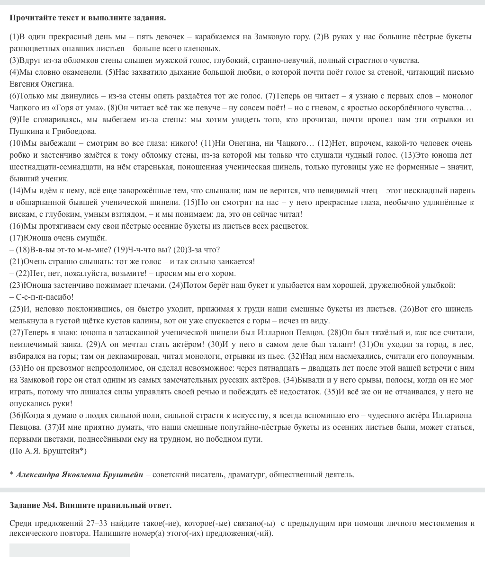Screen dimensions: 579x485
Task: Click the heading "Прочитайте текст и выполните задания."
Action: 88,18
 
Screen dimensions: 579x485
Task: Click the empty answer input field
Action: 69,550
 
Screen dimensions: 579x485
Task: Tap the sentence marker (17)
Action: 16,238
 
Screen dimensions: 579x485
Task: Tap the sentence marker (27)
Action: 16,333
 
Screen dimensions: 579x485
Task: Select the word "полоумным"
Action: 457,356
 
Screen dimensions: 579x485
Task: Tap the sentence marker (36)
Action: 16,416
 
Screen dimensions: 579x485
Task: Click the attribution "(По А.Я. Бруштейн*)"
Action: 48,451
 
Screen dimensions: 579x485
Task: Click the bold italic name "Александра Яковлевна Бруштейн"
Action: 79,475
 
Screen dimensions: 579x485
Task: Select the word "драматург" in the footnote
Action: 247,475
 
